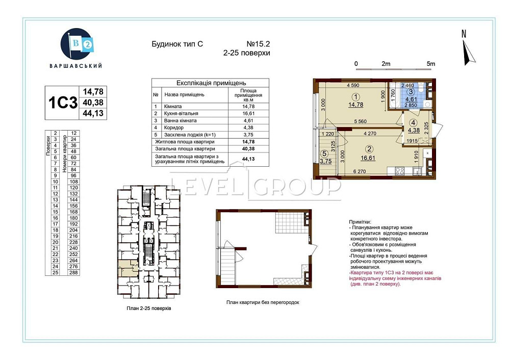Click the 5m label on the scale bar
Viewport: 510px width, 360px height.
[431, 64]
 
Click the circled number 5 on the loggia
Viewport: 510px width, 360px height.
[324, 152]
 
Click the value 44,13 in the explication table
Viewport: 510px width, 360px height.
[248, 159]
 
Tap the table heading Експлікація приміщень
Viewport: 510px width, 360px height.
[211, 82]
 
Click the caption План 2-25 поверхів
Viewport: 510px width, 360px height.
[149, 309]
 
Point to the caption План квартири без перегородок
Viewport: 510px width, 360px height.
[263, 302]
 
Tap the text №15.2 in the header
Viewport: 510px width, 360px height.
[259, 44]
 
